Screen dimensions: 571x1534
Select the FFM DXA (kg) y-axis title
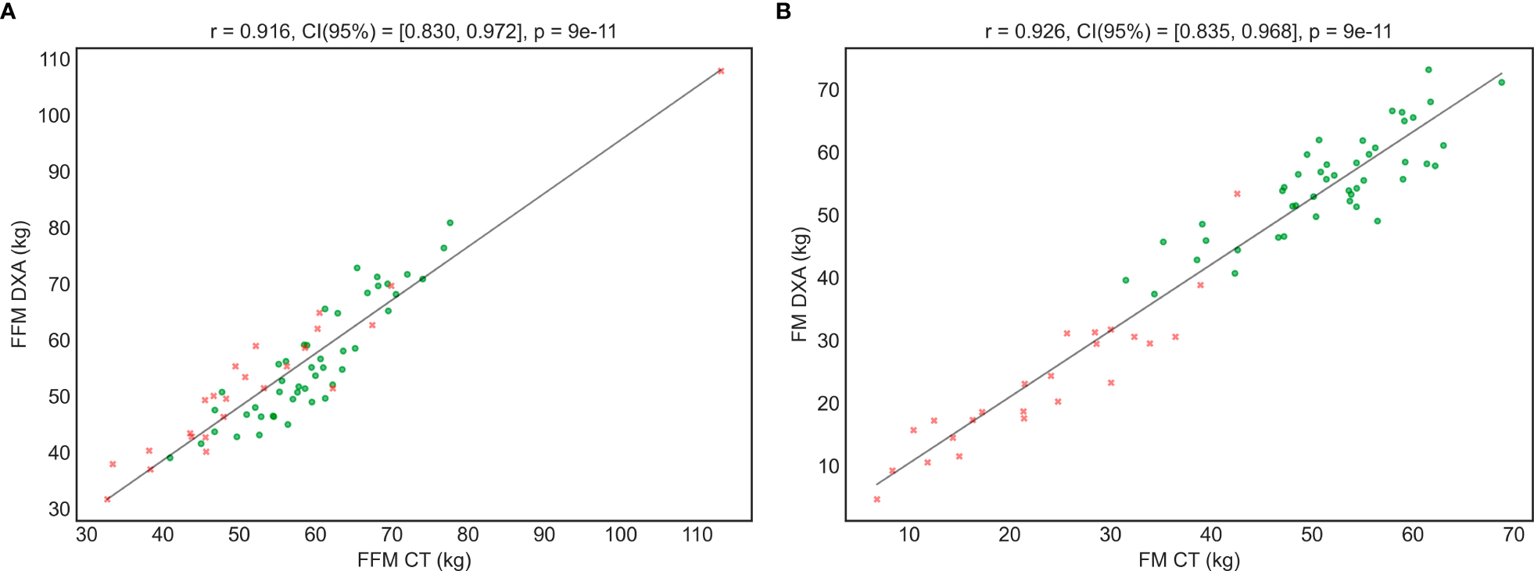[20, 284]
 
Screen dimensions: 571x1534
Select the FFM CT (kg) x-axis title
[414, 559]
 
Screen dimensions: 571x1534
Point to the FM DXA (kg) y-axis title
[798, 284]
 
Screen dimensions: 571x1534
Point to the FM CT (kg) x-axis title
[1188, 559]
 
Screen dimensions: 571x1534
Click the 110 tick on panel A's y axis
[55, 59]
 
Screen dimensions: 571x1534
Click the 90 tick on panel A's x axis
[544, 535]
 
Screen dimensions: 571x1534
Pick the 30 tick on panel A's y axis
[59, 509]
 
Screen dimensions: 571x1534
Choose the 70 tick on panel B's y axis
[828, 90]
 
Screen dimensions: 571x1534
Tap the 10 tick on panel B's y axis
[828, 466]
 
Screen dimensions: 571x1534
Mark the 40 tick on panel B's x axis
[1211, 535]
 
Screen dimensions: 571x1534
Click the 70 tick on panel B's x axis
[1514, 535]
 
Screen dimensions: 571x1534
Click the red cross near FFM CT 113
[721, 71]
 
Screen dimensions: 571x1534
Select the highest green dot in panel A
[450, 223]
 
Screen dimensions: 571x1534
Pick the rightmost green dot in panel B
[1501, 82]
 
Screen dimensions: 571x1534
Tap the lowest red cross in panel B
[876, 499]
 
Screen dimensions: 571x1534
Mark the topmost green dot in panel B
[1428, 70]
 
